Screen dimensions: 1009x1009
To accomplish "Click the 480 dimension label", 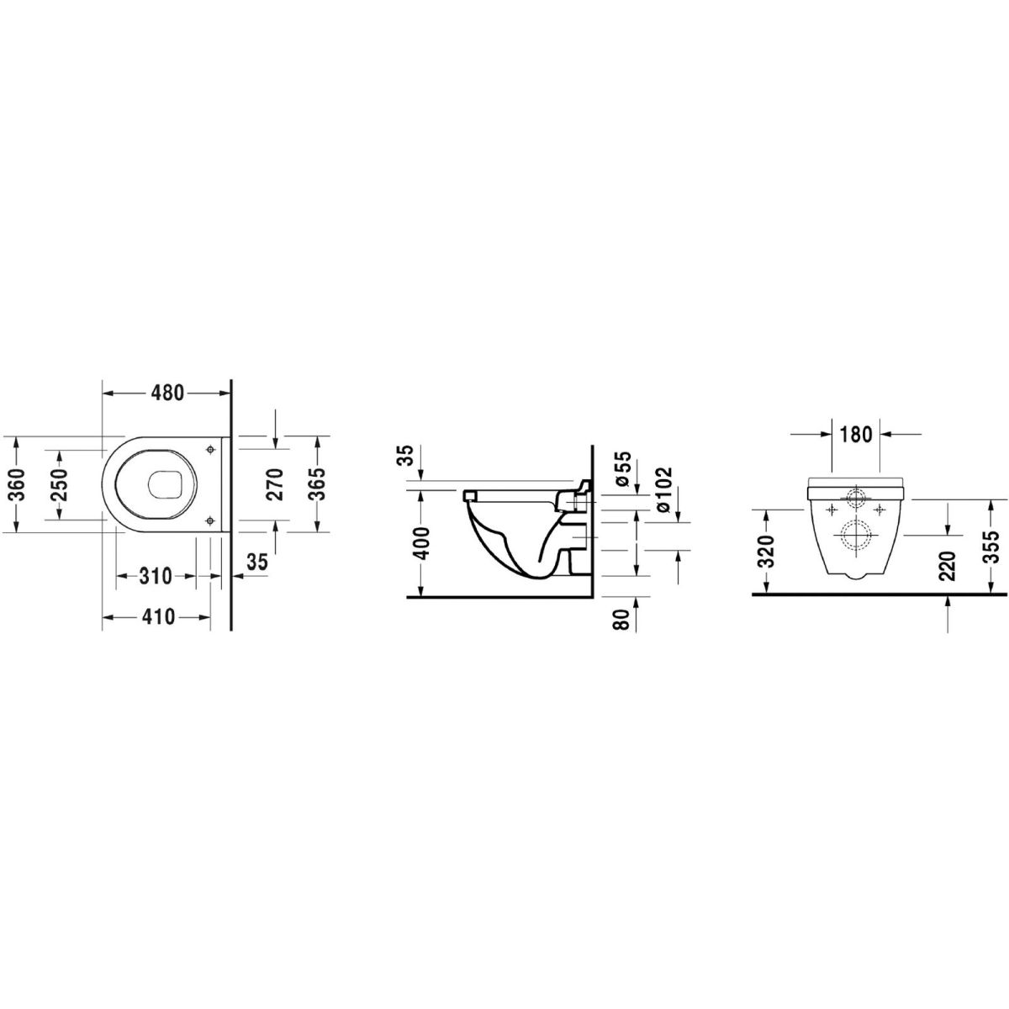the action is pos(167,393).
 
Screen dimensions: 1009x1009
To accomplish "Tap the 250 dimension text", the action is pos(61,483).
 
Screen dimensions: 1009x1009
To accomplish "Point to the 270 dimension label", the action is pos(276,483).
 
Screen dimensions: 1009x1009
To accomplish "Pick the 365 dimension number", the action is pos(317,483).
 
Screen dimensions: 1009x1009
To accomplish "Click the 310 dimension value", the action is pos(156,576).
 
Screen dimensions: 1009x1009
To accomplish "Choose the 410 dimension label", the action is pos(157,617).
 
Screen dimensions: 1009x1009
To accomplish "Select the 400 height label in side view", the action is pos(421,543).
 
